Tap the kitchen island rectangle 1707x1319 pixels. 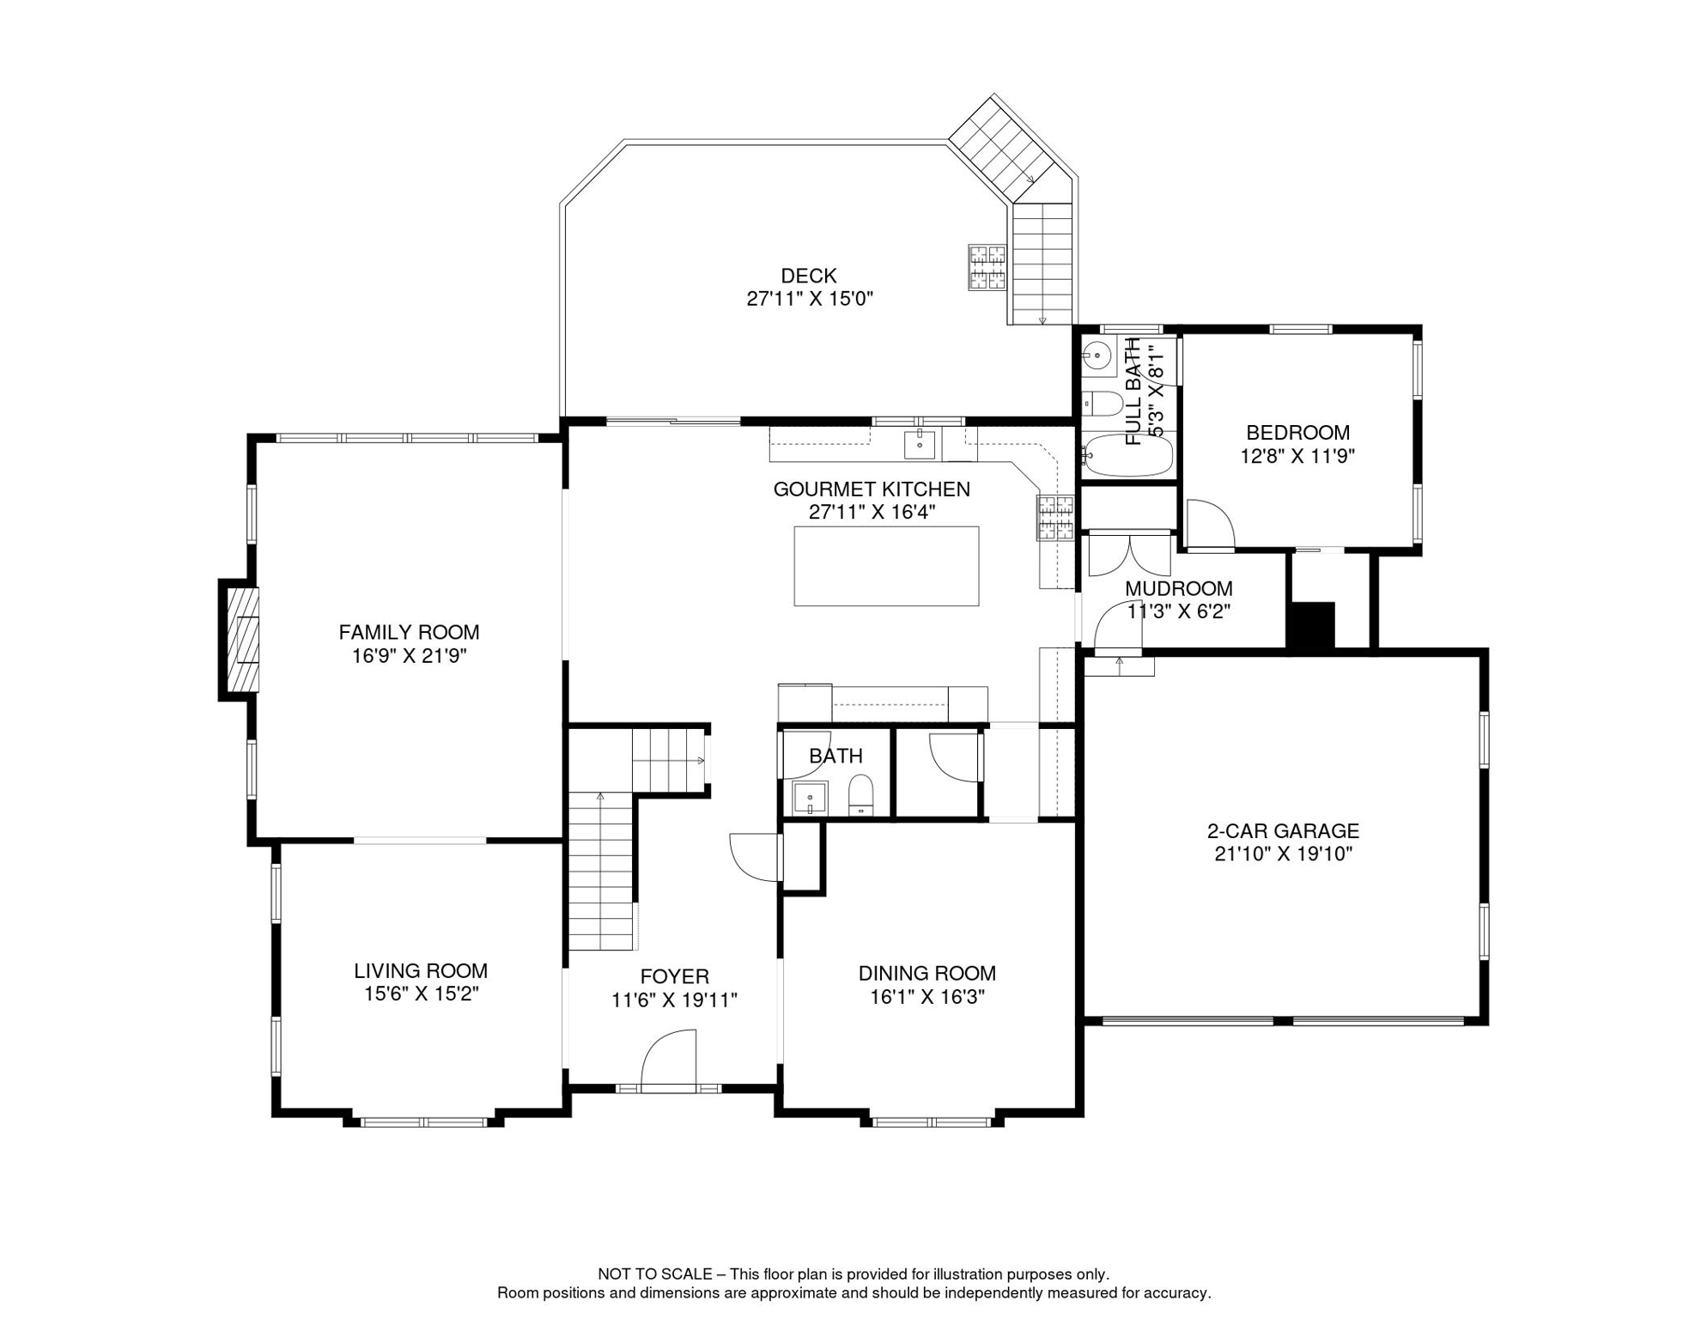[886, 566]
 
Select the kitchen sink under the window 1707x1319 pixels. [920, 445]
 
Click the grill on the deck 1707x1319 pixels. [987, 267]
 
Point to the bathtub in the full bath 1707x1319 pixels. [1127, 455]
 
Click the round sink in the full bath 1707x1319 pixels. [1097, 354]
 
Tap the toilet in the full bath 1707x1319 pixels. [1103, 404]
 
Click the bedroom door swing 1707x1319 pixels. [1210, 524]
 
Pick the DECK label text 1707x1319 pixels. [808, 276]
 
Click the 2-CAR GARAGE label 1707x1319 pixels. [1283, 831]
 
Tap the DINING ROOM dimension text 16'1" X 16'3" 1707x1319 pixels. [926, 997]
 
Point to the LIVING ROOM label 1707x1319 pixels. [421, 971]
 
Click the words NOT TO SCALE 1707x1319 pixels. [655, 1274]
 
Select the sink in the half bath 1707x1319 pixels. [810, 798]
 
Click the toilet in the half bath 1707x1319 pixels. [860, 796]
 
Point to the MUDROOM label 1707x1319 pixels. [1178, 589]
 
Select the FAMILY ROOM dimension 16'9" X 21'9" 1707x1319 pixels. [409, 657]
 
